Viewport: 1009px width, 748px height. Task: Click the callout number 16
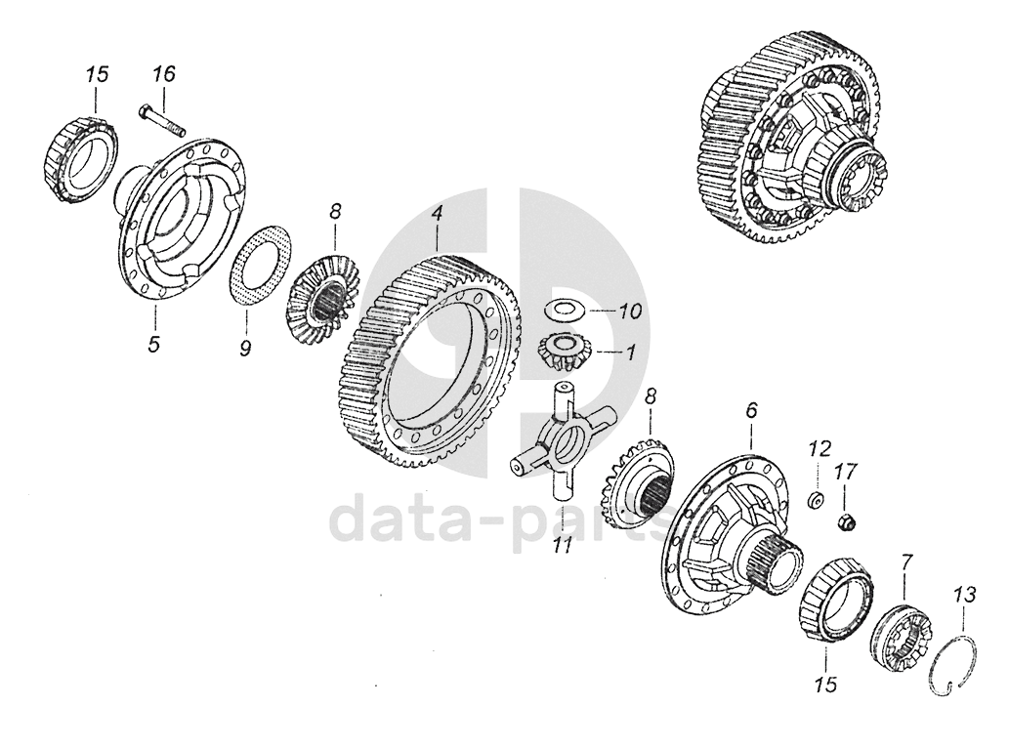(163, 74)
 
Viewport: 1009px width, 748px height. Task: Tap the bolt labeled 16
(161, 122)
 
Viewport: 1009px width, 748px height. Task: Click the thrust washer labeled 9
(261, 264)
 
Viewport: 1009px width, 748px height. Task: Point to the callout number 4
(437, 214)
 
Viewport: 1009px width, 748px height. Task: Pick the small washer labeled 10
(565, 310)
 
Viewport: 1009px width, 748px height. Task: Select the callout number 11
(563, 547)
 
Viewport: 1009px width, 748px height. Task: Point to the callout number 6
(751, 410)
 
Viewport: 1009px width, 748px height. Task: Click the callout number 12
(820, 447)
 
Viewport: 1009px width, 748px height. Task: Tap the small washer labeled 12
(816, 500)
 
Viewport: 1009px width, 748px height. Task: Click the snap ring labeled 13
(956, 664)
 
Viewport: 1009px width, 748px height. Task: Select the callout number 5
(153, 344)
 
